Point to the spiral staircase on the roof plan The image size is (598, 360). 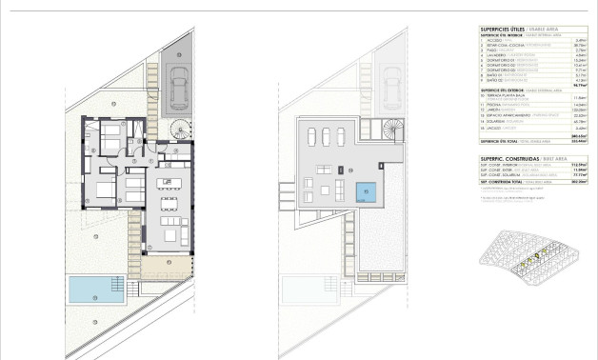[389, 126]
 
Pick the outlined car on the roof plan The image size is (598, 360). [390, 80]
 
